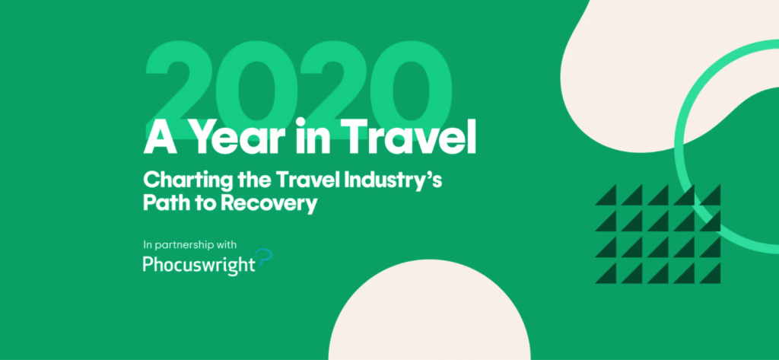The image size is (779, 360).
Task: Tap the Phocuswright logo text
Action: click(199, 265)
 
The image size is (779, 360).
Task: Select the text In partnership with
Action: click(189, 245)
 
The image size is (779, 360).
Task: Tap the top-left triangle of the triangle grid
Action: click(606, 195)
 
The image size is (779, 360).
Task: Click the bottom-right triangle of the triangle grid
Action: click(710, 273)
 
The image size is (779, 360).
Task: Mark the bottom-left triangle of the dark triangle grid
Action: click(606, 273)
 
